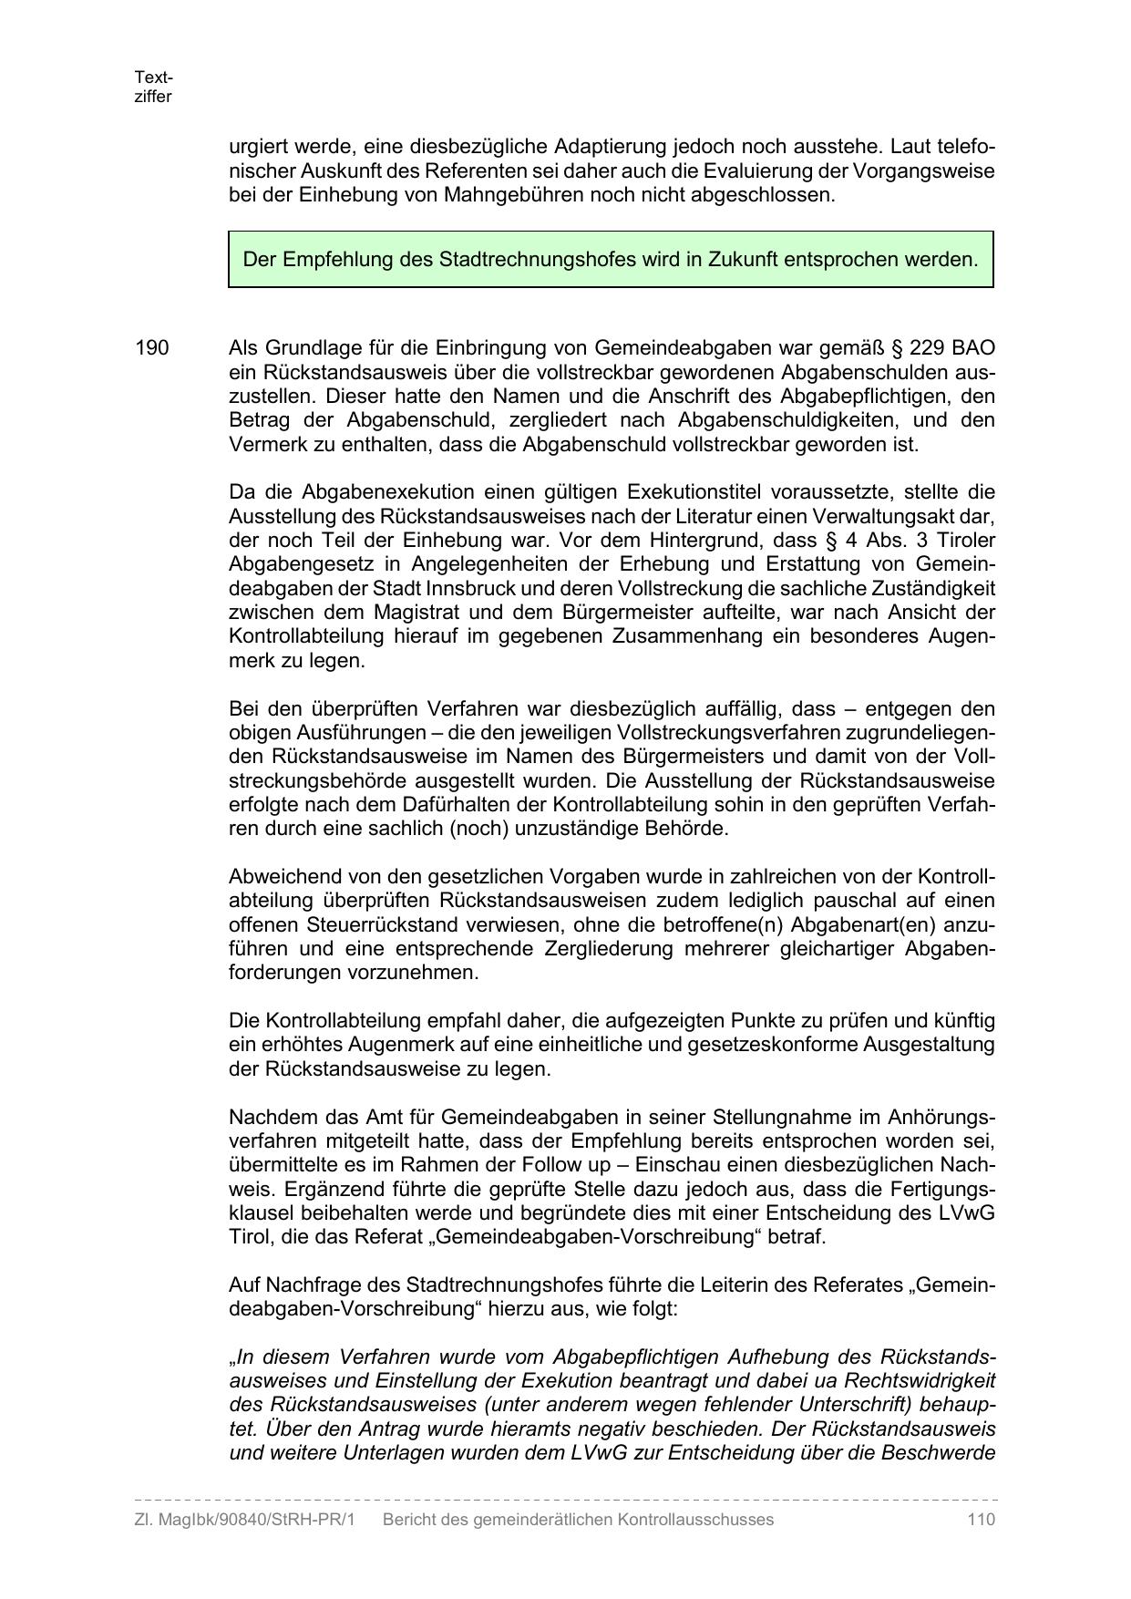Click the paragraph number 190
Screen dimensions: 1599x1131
pyautogui.click(x=152, y=348)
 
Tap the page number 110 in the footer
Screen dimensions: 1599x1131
pyautogui.click(x=981, y=1520)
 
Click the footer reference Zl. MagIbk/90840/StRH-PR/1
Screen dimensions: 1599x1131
pyautogui.click(x=244, y=1520)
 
